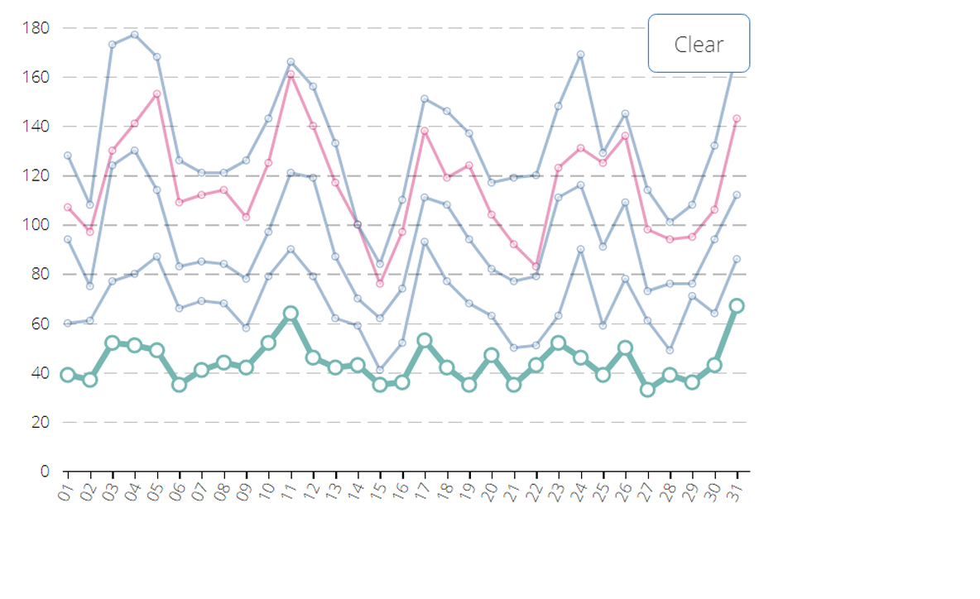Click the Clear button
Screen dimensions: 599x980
[699, 44]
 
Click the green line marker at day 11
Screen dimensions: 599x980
[291, 314]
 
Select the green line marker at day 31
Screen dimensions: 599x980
[737, 306]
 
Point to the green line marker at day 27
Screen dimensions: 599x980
[647, 390]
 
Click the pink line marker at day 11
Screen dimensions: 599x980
[291, 75]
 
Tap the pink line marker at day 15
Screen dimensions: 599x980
[380, 284]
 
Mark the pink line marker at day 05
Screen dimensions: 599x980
[156, 94]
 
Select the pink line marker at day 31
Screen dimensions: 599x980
[737, 119]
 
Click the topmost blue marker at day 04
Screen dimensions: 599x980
[134, 35]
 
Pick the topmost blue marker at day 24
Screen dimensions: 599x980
[580, 55]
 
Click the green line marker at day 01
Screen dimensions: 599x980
[67, 375]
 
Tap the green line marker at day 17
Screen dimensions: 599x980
[425, 341]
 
